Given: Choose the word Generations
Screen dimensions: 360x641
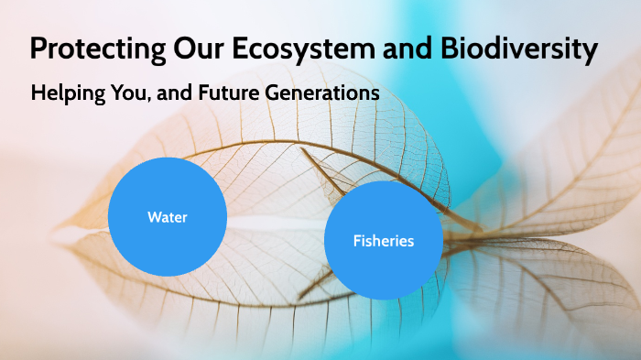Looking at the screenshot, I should (x=320, y=93).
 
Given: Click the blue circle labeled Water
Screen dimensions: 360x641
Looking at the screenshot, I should (x=167, y=217).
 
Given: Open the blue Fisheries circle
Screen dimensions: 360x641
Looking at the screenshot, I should (x=384, y=241).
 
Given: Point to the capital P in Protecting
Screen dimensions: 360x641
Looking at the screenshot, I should (x=38, y=49).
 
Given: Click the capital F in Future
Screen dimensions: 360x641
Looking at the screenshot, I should (x=201, y=93).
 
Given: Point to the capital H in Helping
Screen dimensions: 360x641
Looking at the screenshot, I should (x=38, y=93).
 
